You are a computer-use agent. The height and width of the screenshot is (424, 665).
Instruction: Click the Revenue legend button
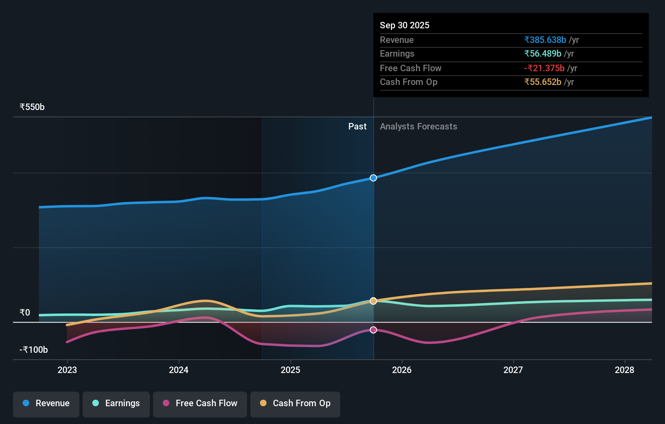[x=46, y=403]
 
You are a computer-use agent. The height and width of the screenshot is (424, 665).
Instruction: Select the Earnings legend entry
[x=116, y=403]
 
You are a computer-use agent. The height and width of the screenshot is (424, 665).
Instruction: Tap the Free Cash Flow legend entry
[x=200, y=403]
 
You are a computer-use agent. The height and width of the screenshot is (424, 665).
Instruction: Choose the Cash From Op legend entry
[x=295, y=403]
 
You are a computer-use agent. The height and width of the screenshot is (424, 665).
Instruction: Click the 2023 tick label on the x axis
[x=67, y=370]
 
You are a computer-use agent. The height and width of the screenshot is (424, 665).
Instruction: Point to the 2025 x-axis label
[x=290, y=370]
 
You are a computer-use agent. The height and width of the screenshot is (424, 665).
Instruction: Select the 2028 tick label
[x=625, y=370]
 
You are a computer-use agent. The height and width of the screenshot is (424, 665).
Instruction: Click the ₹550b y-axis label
[x=32, y=107]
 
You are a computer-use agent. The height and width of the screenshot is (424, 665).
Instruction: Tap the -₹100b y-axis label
[x=34, y=350]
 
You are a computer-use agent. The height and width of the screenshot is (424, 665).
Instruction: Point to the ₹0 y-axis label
[x=25, y=312]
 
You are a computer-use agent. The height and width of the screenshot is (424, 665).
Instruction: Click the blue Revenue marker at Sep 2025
[x=373, y=178]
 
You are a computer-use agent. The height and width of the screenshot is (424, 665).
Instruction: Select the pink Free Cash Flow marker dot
[x=373, y=330]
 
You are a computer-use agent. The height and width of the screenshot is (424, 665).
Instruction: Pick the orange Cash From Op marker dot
[x=373, y=301]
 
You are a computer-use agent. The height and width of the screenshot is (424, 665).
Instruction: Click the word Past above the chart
[x=357, y=127]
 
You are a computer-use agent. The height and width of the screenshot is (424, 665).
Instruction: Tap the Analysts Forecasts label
[x=418, y=127]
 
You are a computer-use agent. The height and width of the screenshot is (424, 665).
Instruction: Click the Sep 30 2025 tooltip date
[x=405, y=25]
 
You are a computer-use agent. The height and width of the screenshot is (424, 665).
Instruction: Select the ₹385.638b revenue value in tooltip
[x=545, y=40]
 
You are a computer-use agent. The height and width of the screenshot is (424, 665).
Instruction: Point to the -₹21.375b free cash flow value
[x=544, y=68]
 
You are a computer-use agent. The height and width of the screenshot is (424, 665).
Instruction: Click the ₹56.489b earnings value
[x=543, y=53]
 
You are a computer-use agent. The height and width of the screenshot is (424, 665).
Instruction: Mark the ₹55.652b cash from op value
[x=543, y=82]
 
